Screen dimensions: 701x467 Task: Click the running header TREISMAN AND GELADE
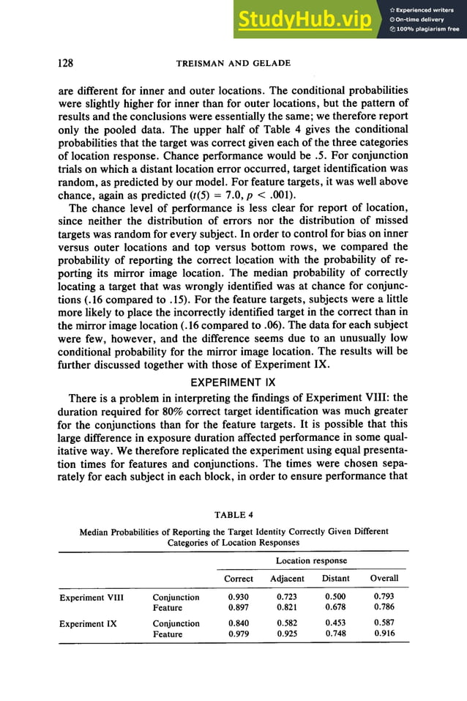233,64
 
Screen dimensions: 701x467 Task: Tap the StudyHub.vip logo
307,21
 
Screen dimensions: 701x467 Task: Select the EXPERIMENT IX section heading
233,382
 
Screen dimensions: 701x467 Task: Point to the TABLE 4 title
233,516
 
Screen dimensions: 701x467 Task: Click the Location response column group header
311,560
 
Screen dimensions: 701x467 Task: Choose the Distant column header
335,579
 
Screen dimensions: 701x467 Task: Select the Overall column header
384,579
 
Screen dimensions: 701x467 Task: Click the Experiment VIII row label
91,598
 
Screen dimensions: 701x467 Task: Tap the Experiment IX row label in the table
88,624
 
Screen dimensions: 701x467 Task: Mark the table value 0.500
335,598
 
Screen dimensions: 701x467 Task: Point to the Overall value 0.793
384,598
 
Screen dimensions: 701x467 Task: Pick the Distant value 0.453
335,624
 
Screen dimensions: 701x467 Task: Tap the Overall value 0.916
384,634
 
